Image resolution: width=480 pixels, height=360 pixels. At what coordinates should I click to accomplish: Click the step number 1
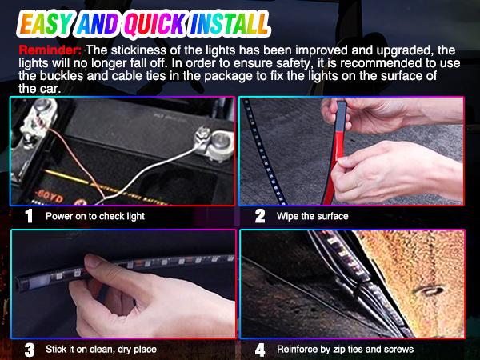tap(28, 216)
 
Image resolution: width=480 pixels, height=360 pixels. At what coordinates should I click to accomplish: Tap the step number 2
tap(260, 216)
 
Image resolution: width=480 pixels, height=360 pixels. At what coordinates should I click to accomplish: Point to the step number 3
tap(28, 349)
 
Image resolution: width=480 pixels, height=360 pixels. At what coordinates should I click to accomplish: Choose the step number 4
tap(260, 349)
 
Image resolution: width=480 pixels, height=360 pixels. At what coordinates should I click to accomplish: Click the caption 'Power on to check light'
tap(95, 217)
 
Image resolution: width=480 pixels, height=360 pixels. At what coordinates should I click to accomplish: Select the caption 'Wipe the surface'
tap(312, 217)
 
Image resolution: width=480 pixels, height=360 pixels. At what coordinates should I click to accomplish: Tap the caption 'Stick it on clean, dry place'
tap(101, 350)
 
